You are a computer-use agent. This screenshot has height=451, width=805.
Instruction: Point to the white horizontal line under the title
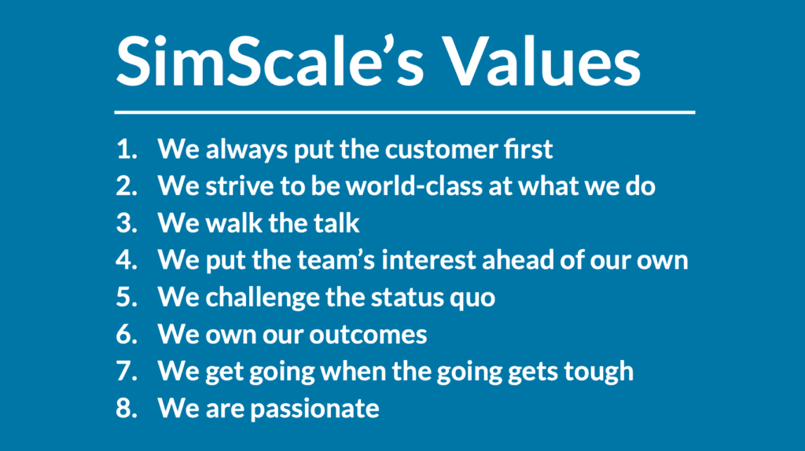(404, 112)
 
